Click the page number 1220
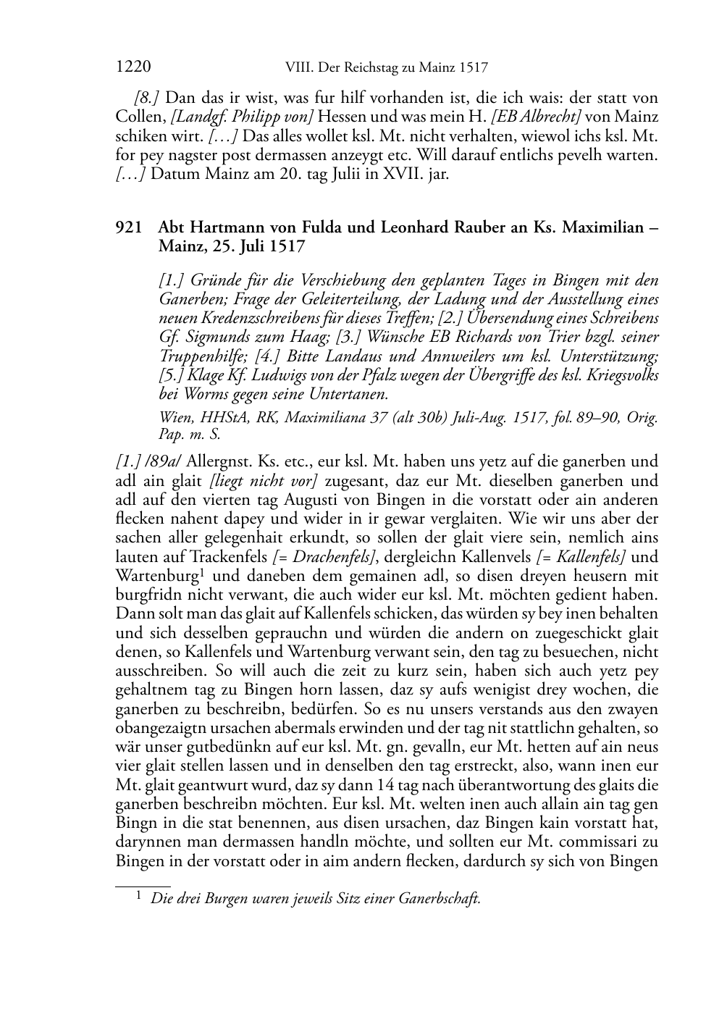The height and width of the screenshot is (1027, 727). pyautogui.click(x=133, y=68)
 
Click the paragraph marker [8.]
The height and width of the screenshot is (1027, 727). pyautogui.click(x=147, y=98)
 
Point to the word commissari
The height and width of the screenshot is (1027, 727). pyautogui.click(x=596, y=842)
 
